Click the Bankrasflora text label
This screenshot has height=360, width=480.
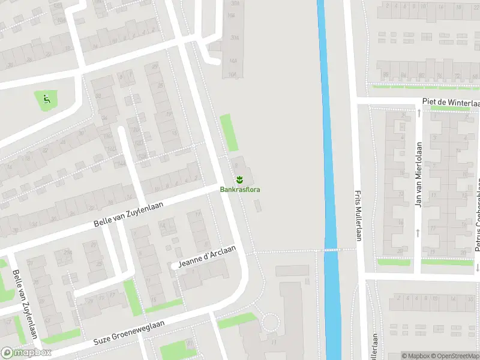coord(240,190)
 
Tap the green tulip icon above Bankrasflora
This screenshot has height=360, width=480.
coord(239,179)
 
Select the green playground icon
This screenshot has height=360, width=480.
coord(46,98)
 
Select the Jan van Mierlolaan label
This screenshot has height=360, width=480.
coord(419,175)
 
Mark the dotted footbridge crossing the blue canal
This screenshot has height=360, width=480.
coord(331,250)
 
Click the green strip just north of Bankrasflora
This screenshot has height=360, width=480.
coord(229,133)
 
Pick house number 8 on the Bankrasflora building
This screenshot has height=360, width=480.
coord(235,159)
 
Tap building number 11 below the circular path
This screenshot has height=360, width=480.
coord(273,342)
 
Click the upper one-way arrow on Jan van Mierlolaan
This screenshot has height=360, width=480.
coord(418,112)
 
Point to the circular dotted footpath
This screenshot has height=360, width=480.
coord(271,324)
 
